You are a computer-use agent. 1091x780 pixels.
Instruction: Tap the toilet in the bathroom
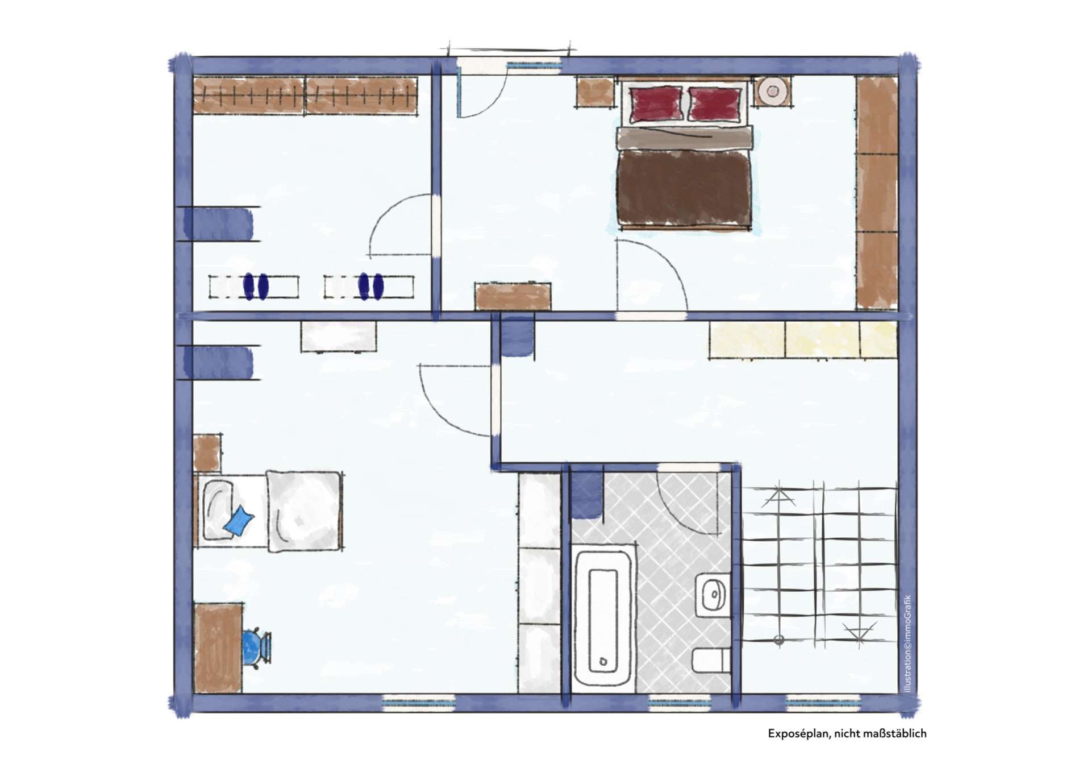coord(711,661)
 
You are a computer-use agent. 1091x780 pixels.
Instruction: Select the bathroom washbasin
coord(713,595)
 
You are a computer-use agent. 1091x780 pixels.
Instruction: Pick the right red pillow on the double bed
coord(715,104)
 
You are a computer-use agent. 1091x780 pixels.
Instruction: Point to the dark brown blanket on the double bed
coord(684,188)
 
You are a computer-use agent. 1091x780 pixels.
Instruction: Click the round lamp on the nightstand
coord(772,90)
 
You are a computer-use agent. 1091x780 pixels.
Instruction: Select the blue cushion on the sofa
coord(239,521)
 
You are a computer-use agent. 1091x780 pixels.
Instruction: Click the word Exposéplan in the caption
coord(799,733)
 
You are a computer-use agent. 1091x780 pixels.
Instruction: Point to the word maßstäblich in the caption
coord(895,733)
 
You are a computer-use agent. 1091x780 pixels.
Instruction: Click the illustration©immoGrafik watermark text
coord(907,644)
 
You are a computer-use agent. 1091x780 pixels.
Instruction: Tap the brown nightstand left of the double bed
coord(596,93)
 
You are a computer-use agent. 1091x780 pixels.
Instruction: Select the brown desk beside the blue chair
coord(218,648)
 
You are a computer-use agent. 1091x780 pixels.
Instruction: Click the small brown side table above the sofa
coord(207,453)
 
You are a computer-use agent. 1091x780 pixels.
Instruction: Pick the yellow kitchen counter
coord(803,340)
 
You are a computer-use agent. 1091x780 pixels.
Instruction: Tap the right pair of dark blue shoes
coord(371,287)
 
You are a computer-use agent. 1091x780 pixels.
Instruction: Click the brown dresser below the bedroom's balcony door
coord(513,297)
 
